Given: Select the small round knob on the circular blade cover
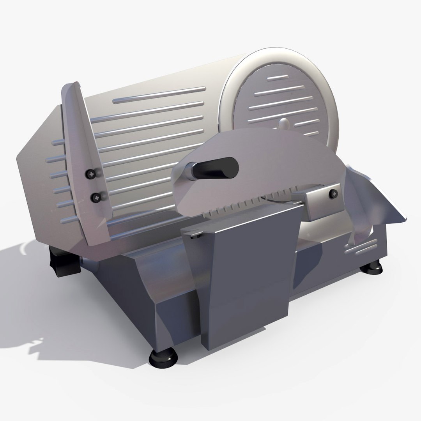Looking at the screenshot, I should point(283,124).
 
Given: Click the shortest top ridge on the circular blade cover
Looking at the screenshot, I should point(280,78).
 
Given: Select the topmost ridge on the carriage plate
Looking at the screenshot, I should point(159,95).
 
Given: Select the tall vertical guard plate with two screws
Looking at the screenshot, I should point(82,164).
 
